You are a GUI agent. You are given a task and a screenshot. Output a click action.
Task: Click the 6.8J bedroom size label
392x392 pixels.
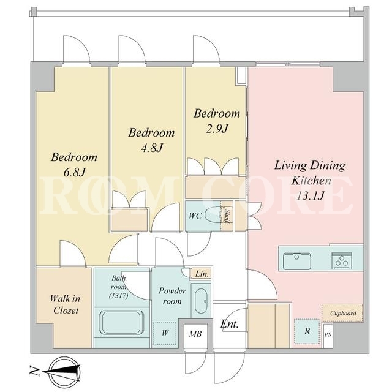(x=75, y=172)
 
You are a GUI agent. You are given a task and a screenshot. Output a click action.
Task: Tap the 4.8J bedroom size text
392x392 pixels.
(x=152, y=148)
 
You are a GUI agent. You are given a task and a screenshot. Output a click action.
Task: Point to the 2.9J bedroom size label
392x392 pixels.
(x=217, y=129)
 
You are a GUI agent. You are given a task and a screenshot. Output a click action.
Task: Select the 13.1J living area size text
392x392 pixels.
(x=310, y=195)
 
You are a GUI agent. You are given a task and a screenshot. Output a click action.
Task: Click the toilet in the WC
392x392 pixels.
(x=213, y=214)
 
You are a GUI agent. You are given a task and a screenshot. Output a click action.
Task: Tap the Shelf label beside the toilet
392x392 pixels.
(x=227, y=216)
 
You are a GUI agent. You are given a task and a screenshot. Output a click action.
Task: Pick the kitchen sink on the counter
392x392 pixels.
(x=297, y=261)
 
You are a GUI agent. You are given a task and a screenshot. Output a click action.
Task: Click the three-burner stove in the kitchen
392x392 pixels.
(x=342, y=261)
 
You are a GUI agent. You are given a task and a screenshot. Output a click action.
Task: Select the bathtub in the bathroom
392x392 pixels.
(x=121, y=323)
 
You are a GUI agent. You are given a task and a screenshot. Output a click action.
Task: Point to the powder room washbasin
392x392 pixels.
(x=201, y=301)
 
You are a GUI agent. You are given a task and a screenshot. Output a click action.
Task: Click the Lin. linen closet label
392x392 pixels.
(x=202, y=274)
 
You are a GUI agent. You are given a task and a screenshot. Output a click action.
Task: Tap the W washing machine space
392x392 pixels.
(x=165, y=333)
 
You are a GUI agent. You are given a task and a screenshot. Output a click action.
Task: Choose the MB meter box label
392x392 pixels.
(x=195, y=334)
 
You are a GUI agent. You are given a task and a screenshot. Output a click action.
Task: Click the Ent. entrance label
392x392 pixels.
(x=229, y=325)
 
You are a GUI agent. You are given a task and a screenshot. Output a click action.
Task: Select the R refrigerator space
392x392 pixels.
(x=307, y=331)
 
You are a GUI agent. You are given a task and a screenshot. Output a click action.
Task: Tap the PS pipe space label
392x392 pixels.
(x=328, y=334)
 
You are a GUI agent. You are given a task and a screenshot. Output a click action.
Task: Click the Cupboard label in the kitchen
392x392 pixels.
(x=343, y=313)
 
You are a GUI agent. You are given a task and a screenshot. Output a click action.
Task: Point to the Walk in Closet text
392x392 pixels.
(x=66, y=304)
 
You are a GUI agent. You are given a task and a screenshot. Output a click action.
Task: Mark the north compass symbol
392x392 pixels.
(x=65, y=372)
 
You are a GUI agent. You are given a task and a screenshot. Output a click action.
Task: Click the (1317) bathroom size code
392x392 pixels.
(x=119, y=296)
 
